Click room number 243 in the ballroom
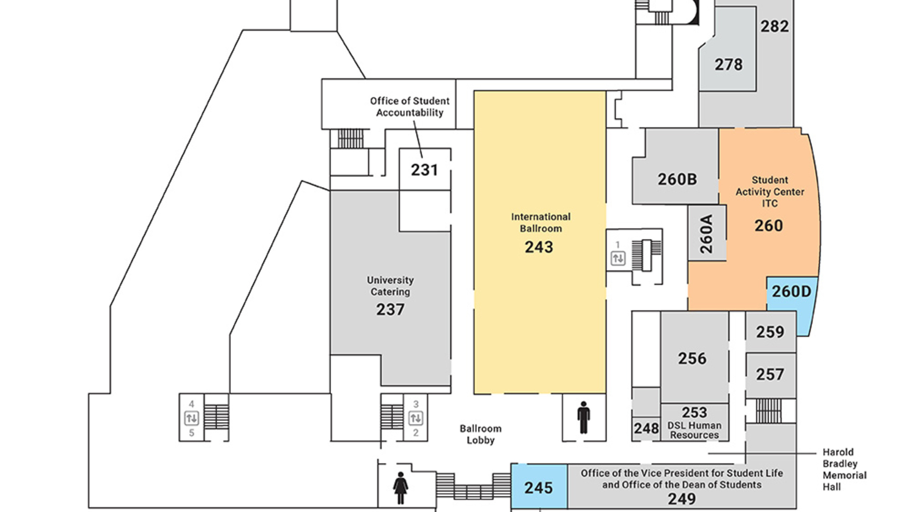point(539,247)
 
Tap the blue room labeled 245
point(539,487)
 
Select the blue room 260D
point(791,291)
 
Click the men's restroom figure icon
point(584,418)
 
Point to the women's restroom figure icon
point(400,487)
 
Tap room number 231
point(424,170)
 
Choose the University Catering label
point(390,286)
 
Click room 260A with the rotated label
point(706,234)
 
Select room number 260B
point(677,179)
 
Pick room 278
point(728,64)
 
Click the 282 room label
point(774,27)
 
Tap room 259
point(770,332)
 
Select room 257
point(770,375)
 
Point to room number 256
point(692,358)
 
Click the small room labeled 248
point(646,429)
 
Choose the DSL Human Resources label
point(694,430)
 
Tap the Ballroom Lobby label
point(480,434)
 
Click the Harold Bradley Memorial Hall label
point(844,469)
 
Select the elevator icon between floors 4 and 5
point(192,418)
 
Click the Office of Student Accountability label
point(409,107)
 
